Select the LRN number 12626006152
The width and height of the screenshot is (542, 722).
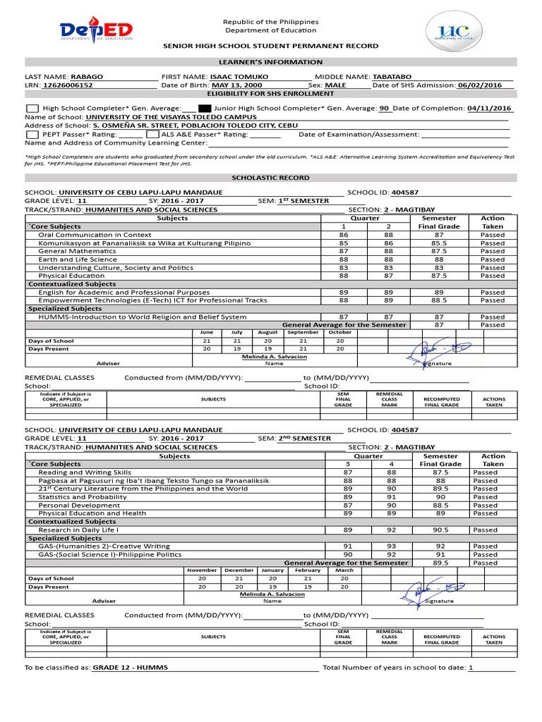point(68,85)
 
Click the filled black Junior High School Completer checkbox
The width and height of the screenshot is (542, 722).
point(205,109)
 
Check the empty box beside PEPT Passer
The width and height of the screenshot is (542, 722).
point(32,134)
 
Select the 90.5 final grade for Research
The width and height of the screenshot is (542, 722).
point(440,530)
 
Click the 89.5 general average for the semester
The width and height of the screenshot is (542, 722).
point(440,563)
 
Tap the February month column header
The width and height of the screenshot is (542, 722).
point(307,570)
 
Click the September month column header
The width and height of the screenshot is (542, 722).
point(303,332)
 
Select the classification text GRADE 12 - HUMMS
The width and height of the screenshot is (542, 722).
point(131,668)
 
